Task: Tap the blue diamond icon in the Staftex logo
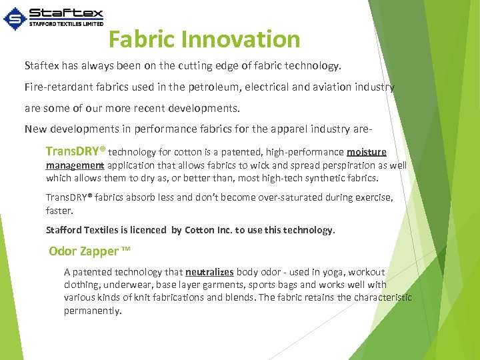pyautogui.click(x=15, y=19)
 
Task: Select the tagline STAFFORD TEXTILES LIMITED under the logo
pyautogui.click(x=67, y=23)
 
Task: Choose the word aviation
pyautogui.click(x=329, y=87)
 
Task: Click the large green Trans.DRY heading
pyautogui.click(x=75, y=151)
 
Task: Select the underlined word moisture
pyautogui.click(x=366, y=152)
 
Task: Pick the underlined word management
pyautogui.click(x=75, y=165)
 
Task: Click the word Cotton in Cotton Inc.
pyautogui.click(x=199, y=230)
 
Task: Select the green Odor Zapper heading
pyautogui.click(x=89, y=251)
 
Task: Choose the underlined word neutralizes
pyautogui.click(x=209, y=272)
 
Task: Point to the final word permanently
pyautogui.click(x=93, y=311)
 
